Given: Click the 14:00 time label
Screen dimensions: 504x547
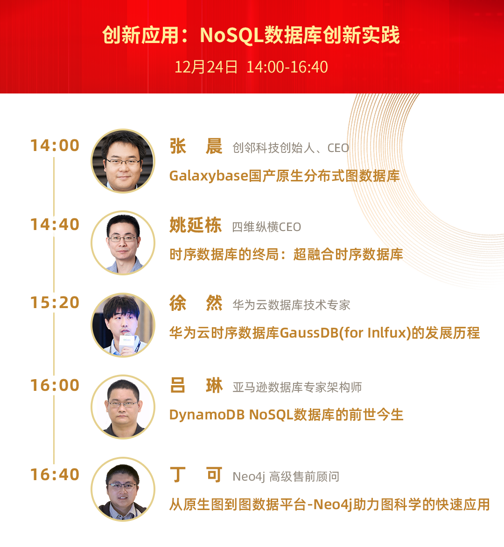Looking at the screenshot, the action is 55,145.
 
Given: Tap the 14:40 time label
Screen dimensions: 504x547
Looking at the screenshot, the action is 55,224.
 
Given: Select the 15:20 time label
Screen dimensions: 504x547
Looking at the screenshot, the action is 55,302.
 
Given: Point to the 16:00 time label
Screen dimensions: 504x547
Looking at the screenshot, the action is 55,385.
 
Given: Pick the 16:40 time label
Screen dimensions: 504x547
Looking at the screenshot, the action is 55,475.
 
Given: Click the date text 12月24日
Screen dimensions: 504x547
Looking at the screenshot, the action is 206,67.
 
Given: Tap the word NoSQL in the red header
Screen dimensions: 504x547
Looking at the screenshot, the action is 231,35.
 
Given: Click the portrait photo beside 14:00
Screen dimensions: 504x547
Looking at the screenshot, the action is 123,161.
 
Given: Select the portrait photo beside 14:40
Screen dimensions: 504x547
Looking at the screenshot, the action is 123,243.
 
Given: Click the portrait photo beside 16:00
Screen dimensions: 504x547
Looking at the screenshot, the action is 123,407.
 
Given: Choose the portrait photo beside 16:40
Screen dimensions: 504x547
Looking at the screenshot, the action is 123,489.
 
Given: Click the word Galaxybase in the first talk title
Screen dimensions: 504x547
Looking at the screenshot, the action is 209,176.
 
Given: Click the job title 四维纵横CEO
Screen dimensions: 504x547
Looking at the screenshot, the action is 266,227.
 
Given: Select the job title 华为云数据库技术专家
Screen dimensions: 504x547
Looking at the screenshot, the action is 291,305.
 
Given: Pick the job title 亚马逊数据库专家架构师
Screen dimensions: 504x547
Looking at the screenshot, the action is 297,387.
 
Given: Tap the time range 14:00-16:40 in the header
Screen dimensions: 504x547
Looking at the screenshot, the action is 287,67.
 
